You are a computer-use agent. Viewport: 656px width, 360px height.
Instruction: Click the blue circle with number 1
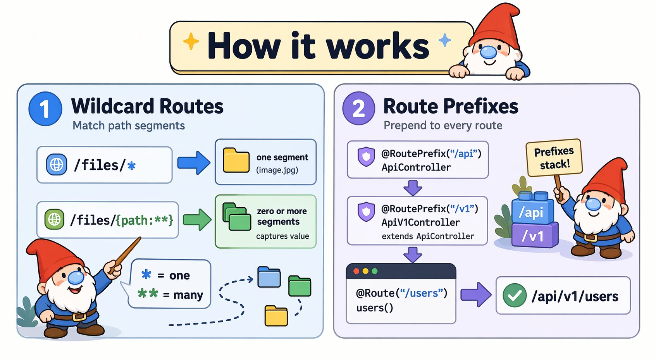(x=45, y=109)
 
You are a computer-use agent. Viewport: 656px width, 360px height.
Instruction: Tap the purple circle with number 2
(x=358, y=108)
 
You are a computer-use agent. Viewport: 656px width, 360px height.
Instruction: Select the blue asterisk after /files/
(x=131, y=166)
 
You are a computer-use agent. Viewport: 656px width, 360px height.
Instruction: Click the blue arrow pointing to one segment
(x=193, y=163)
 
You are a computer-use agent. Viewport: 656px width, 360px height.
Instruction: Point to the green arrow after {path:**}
(x=197, y=220)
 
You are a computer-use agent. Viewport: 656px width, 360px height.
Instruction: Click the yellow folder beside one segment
(x=236, y=160)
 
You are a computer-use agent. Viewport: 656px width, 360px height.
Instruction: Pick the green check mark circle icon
(x=514, y=295)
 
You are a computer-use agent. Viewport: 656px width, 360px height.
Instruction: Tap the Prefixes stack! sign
(x=554, y=157)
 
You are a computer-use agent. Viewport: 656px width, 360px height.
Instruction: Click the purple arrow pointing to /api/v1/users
(x=475, y=295)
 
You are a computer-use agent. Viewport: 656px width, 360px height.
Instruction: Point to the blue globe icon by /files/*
(x=57, y=165)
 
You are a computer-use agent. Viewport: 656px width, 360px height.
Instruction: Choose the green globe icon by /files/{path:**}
(x=54, y=219)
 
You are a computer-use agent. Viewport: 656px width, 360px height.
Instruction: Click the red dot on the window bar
(x=356, y=271)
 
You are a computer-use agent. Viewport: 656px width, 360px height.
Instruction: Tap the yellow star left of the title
(x=191, y=41)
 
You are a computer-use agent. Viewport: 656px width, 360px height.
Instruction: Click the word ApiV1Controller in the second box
(x=420, y=222)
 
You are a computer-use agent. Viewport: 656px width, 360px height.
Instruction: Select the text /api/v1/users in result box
(x=575, y=296)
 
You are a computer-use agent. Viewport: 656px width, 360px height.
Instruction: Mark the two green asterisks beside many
(x=148, y=293)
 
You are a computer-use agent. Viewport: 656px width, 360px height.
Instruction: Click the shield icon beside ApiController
(x=366, y=157)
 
